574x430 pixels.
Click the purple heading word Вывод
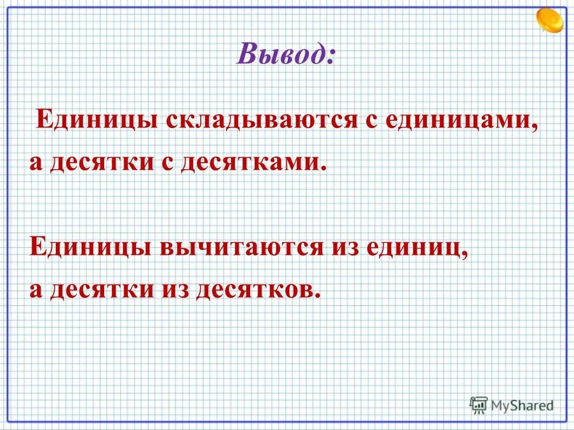[x=285, y=55]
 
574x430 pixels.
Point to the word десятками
[x=254, y=162]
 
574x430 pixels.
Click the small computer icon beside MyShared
[x=479, y=405]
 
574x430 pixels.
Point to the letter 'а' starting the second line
[x=36, y=163]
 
